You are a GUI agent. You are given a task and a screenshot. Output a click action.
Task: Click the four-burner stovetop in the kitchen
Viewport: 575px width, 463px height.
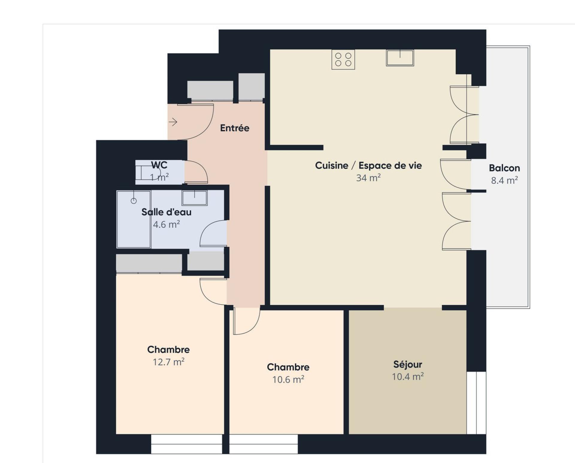(343, 59)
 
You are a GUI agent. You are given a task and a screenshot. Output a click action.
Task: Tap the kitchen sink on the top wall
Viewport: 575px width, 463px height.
(400, 58)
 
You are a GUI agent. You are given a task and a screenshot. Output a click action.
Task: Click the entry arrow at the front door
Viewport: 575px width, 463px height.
(173, 122)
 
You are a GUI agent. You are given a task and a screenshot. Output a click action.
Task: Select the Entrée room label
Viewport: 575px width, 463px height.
(234, 128)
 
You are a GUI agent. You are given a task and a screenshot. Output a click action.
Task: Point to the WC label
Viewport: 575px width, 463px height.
(159, 165)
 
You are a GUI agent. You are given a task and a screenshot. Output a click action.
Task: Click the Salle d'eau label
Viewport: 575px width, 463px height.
(166, 212)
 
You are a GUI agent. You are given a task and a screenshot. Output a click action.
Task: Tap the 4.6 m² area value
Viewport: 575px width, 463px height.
(166, 224)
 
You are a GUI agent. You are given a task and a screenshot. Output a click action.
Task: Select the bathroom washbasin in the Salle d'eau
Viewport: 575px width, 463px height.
(195, 198)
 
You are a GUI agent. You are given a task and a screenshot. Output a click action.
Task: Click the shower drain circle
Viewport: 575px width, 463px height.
(134, 201)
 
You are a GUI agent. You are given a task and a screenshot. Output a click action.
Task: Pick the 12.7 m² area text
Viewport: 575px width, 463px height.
(169, 362)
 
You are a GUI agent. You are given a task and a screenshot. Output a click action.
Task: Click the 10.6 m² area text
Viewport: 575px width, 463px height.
(288, 379)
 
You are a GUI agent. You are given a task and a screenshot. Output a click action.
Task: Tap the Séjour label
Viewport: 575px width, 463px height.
(408, 364)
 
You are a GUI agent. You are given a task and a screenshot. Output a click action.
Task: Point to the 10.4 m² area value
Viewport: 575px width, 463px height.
(408, 376)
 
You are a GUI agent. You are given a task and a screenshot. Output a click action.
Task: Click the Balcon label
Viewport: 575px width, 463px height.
(504, 168)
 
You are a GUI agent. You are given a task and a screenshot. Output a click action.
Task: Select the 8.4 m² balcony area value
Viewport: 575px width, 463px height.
(504, 180)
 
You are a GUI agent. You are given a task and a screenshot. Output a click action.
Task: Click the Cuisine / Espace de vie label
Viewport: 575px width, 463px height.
(368, 165)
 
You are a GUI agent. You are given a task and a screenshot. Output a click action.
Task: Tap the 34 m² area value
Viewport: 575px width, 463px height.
(368, 178)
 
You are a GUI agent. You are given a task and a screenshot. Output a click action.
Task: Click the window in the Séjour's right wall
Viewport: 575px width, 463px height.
(476, 403)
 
